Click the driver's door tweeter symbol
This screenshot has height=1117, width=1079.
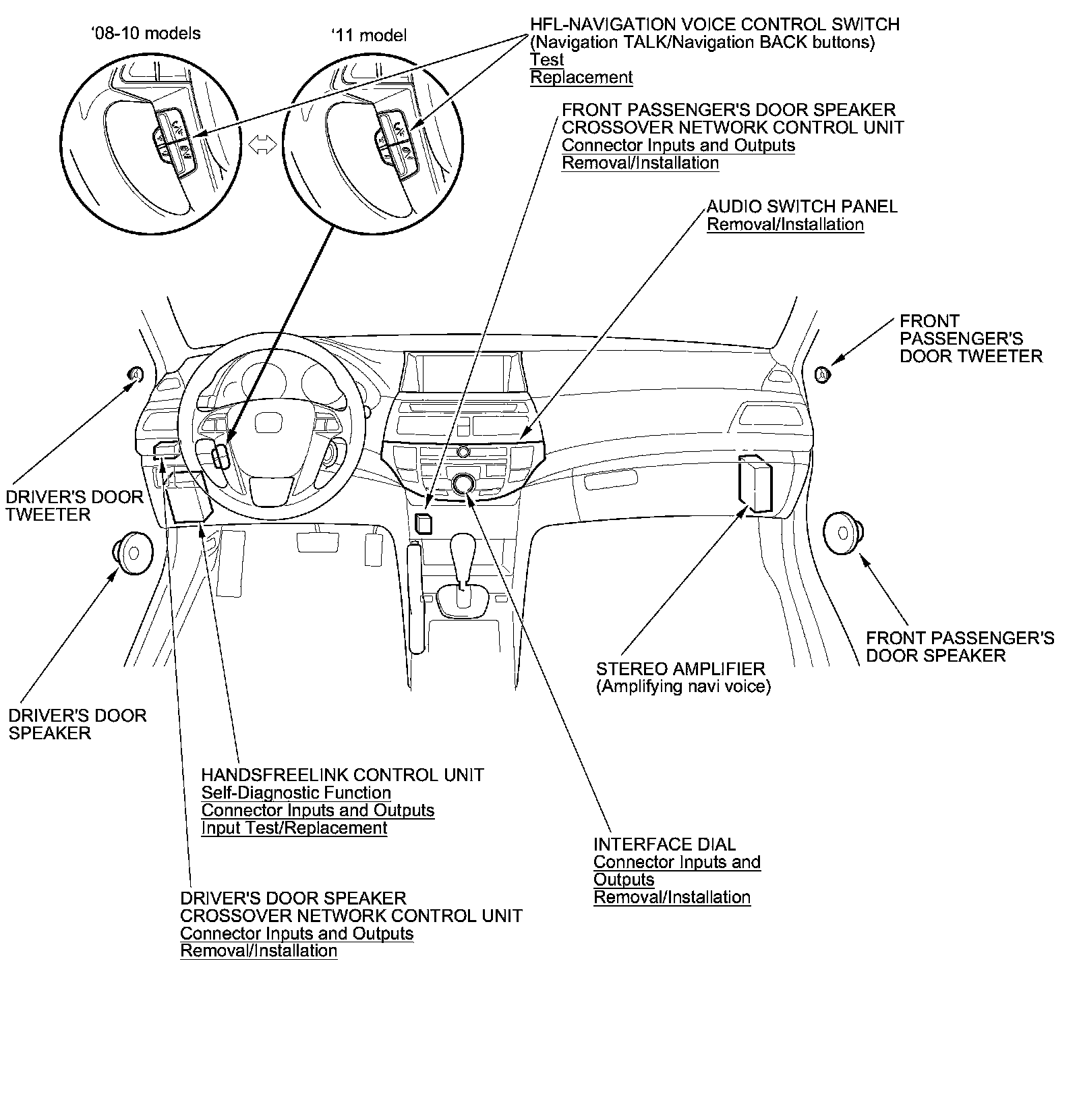(x=135, y=374)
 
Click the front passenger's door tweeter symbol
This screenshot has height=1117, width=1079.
(x=823, y=374)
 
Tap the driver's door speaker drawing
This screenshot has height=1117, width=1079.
(x=133, y=552)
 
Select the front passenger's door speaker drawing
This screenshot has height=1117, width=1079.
(x=843, y=529)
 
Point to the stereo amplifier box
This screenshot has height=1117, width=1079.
(x=755, y=482)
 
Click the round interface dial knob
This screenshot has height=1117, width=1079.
(x=463, y=484)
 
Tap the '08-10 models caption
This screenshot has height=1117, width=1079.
(x=146, y=34)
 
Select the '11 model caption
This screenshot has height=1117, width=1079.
(x=369, y=35)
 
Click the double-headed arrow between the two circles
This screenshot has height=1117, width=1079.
(x=263, y=144)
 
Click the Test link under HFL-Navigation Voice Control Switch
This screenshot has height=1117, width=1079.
(x=546, y=60)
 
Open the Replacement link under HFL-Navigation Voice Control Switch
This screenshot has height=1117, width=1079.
(x=581, y=78)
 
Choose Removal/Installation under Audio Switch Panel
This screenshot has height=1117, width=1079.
(x=785, y=225)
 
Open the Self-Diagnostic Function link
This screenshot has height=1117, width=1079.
(x=296, y=793)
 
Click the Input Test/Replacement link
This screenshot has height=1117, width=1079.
(x=294, y=828)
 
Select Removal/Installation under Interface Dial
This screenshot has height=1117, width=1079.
(x=672, y=897)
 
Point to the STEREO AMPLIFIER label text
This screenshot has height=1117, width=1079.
(x=680, y=669)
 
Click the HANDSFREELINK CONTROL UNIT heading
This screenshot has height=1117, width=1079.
(x=343, y=775)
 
